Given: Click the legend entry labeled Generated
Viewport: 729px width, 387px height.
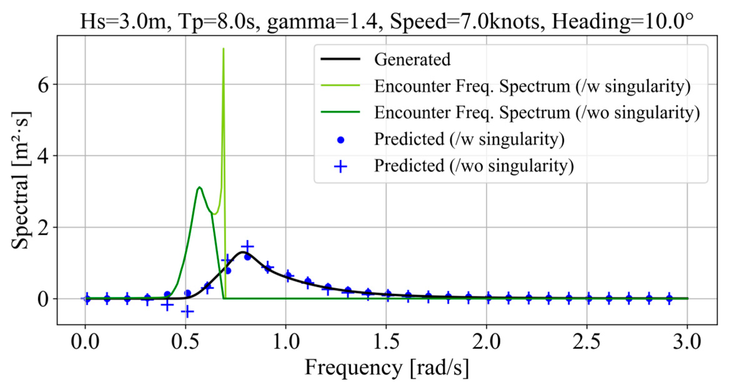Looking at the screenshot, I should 412,59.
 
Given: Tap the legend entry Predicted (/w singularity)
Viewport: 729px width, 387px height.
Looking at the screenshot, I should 469,139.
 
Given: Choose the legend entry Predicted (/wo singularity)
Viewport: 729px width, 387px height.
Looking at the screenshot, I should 474,166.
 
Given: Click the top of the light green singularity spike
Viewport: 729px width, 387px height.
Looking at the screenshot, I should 223,49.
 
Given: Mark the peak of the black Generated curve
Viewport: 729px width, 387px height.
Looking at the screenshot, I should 242,252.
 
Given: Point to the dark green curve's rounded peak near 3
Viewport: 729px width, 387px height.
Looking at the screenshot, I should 199,187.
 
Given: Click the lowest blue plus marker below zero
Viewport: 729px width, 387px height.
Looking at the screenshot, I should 187,311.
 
